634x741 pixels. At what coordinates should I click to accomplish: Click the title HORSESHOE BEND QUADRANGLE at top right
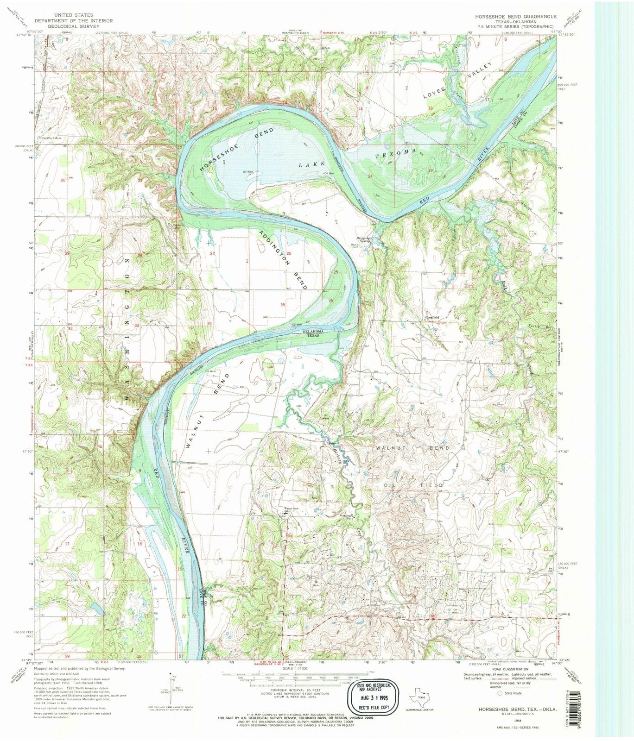[x=509, y=16]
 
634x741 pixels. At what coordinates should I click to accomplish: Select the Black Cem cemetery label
[x=355, y=246]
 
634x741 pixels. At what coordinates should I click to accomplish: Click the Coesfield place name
[x=432, y=317]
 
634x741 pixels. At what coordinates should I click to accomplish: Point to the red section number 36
[x=331, y=301]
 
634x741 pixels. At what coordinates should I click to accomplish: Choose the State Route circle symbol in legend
[x=500, y=693]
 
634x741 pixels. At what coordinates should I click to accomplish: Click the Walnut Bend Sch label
[x=291, y=509]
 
